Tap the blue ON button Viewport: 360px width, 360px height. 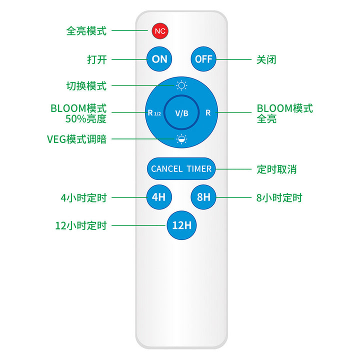pyautogui.click(x=159, y=59)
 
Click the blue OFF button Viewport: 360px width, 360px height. pyautogui.click(x=203, y=59)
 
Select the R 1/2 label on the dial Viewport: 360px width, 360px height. pyautogui.click(x=154, y=113)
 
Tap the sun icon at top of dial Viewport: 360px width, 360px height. pyautogui.click(x=181, y=85)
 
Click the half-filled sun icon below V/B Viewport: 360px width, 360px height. pyautogui.click(x=181, y=139)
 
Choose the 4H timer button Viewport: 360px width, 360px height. pyautogui.click(x=158, y=197)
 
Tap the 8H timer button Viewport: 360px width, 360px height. pyautogui.click(x=203, y=197)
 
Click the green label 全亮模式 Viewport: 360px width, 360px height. pyautogui.click(x=86, y=31)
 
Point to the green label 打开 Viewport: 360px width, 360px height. pyautogui.click(x=96, y=59)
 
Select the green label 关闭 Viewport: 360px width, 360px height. pyautogui.click(x=266, y=59)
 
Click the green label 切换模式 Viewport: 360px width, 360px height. pyautogui.click(x=86, y=86)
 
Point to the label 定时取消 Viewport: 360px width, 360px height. pyautogui.click(x=276, y=169)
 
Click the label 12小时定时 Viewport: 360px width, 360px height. pyautogui.click(x=81, y=225)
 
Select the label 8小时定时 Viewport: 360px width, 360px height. pyautogui.click(x=279, y=197)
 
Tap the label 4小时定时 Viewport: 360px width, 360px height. pyautogui.click(x=83, y=197)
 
